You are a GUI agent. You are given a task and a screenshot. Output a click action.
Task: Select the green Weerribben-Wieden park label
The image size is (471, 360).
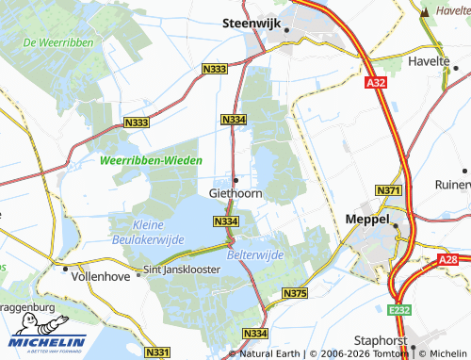click(151, 161)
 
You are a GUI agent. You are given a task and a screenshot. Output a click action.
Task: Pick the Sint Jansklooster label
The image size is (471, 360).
click(180, 270)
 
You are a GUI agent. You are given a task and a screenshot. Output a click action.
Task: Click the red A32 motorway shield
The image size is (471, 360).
click(376, 83)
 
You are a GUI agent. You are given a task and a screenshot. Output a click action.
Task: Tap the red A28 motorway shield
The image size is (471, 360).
click(447, 258)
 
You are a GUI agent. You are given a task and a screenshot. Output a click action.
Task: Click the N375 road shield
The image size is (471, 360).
click(294, 295)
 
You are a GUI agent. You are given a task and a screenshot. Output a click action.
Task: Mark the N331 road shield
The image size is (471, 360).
click(158, 352)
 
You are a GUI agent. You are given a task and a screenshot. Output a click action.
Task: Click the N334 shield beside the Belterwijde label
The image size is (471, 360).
click(224, 221)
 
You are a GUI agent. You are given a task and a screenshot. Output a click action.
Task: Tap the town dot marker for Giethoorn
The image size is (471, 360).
click(235, 179)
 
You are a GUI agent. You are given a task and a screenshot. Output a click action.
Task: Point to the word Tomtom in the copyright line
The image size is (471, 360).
click(390, 353)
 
